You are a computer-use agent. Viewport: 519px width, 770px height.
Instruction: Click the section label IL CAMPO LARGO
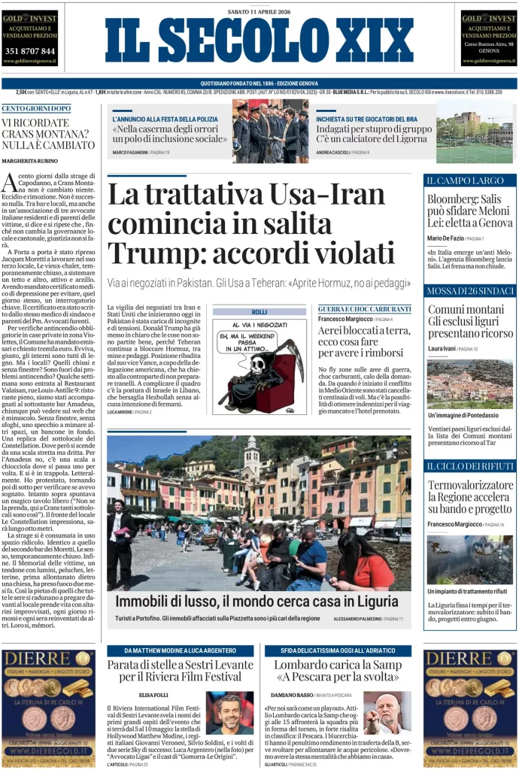coord(454,180)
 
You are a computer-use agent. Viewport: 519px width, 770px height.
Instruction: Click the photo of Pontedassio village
coord(470,383)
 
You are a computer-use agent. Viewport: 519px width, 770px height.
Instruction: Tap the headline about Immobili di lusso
coord(257,602)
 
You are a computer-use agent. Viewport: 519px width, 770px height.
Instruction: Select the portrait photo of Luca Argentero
coord(230,713)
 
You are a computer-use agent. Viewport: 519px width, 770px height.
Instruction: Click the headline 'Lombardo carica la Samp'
coord(338,665)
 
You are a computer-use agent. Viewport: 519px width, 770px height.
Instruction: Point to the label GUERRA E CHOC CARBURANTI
coord(365,309)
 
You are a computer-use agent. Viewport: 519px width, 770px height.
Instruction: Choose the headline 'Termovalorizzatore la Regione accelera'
coord(469,496)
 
